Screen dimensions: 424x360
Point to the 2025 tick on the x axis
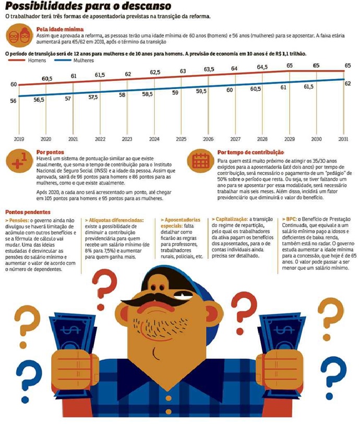point(181,140)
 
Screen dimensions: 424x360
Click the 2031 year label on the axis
point(343,140)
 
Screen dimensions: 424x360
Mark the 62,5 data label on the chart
point(155,72)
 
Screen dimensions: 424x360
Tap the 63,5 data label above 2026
point(209,69)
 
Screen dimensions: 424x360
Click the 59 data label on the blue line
point(175,92)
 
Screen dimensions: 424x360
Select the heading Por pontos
point(51,152)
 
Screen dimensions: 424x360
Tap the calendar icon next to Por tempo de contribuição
point(200,161)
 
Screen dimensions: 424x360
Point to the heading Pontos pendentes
point(28,212)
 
